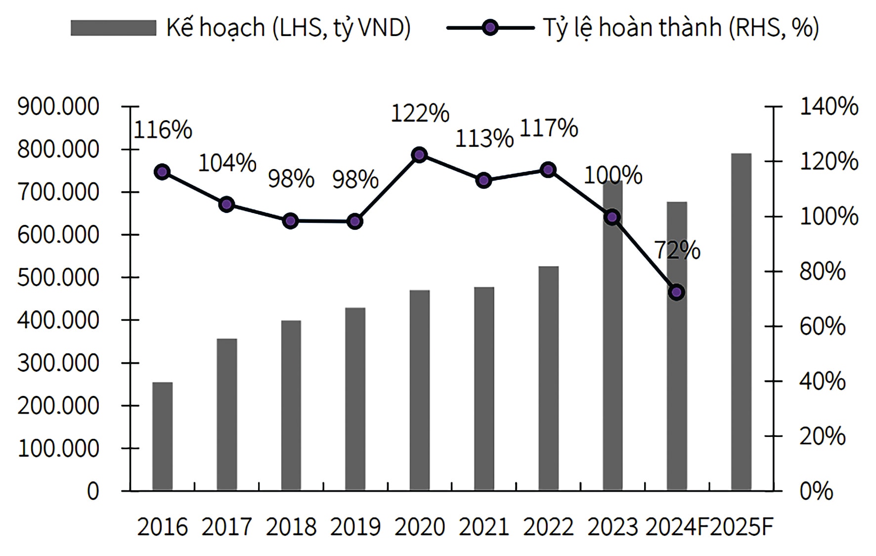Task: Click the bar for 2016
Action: click(162, 436)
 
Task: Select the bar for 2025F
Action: click(741, 322)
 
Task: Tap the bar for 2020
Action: click(420, 390)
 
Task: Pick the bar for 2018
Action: click(291, 405)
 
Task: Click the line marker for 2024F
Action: click(676, 292)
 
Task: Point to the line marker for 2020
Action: click(420, 155)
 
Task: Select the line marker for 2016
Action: click(162, 171)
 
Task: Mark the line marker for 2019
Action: click(355, 221)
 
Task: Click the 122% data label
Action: click(420, 114)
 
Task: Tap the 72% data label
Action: click(677, 251)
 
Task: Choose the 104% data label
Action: click(227, 163)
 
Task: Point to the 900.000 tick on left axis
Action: click(58, 106)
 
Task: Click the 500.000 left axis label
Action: click(58, 278)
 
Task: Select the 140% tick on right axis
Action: click(829, 106)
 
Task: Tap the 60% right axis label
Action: click(823, 327)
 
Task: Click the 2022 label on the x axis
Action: click(548, 527)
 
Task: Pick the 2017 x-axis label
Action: click(227, 527)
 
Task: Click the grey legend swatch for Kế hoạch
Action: click(113, 28)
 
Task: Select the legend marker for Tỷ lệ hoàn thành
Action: click(490, 28)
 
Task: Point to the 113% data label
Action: click(484, 139)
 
